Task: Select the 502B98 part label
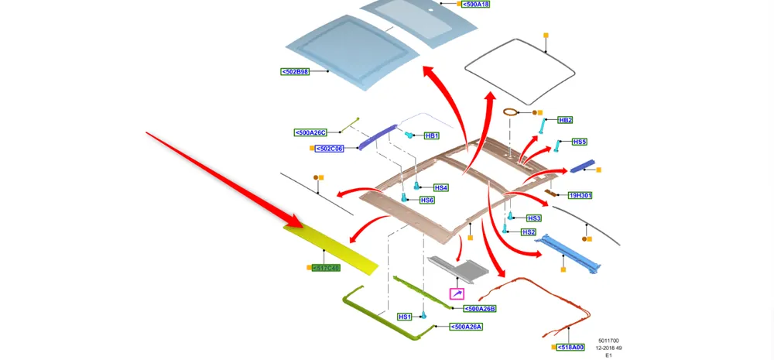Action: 295,71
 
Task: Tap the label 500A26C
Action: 311,132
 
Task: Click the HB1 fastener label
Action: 431,135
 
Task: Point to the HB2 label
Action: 566,120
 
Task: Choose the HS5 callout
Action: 580,142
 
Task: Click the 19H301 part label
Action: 580,196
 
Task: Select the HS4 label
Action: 440,187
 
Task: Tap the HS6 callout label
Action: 426,200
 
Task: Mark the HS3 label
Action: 534,218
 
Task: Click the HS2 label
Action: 529,232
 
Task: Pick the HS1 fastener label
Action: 405,317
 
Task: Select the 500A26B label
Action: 479,309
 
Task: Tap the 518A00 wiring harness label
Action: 572,348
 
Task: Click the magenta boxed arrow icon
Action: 457,294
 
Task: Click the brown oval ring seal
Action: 511,112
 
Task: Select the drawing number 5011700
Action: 608,341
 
